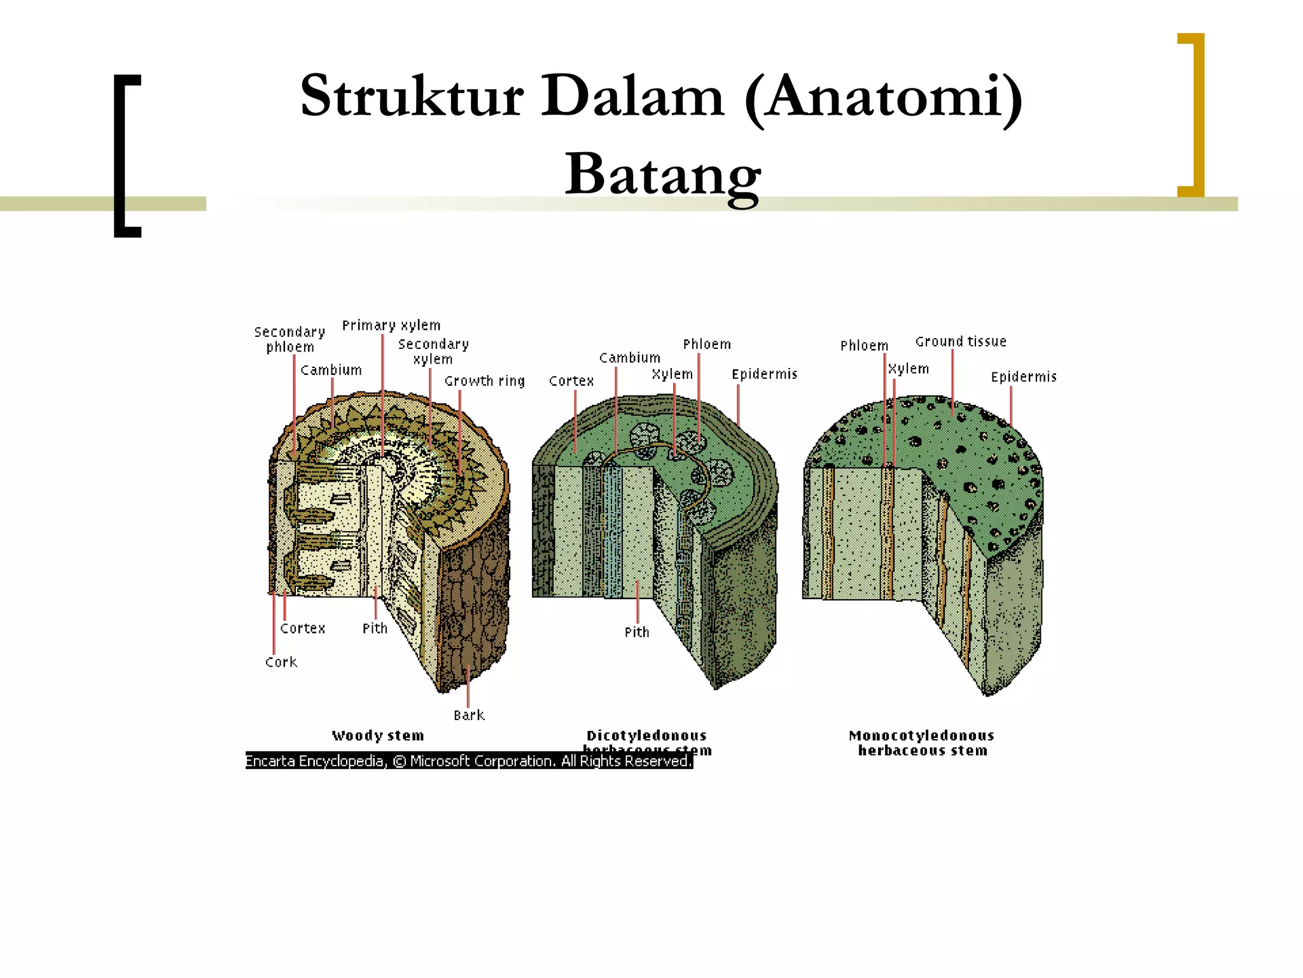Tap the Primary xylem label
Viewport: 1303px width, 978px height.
[x=391, y=325]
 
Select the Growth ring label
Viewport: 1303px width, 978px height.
[x=484, y=381]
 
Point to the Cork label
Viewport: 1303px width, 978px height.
[x=281, y=662]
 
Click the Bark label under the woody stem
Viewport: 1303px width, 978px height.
[x=469, y=715]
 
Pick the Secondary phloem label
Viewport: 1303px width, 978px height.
[x=290, y=339]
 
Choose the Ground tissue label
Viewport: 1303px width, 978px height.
[x=961, y=342]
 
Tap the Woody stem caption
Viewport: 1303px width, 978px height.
[x=378, y=735]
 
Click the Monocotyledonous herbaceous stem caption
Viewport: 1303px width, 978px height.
[x=922, y=743]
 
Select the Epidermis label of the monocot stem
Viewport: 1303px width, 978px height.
[x=1024, y=377]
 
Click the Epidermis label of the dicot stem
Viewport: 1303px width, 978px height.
[x=764, y=374]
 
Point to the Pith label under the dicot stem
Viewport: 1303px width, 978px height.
[x=637, y=632]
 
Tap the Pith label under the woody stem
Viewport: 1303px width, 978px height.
[x=375, y=628]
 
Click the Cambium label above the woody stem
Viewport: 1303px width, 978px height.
[x=331, y=370]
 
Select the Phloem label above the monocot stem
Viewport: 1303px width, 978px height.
[x=864, y=346]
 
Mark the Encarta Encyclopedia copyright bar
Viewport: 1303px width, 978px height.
[x=469, y=761]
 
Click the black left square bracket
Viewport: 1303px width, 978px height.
[x=127, y=156]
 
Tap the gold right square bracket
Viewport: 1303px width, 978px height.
[x=1192, y=115]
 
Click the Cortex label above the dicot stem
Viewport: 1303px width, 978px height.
[x=571, y=381]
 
